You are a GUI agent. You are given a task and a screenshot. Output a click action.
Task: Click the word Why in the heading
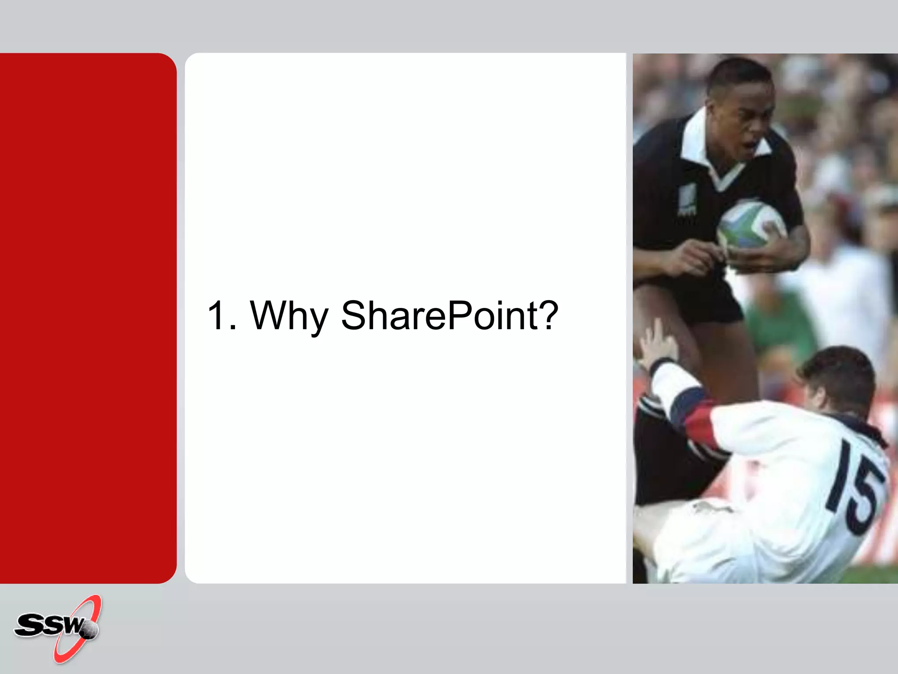tap(289, 316)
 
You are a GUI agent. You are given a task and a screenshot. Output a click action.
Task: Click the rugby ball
tap(751, 225)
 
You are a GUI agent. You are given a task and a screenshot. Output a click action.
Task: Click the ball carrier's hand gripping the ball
tap(776, 246)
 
